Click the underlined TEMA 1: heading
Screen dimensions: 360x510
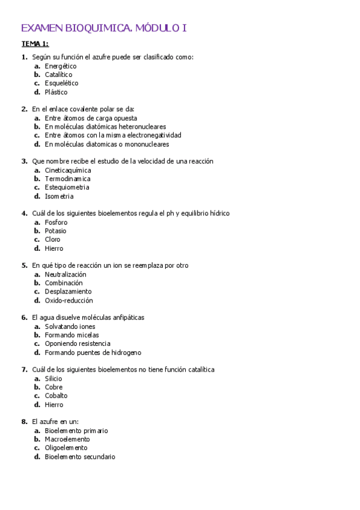pyautogui.click(x=35, y=44)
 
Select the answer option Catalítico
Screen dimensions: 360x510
pyautogui.click(x=58, y=75)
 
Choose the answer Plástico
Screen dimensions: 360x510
pyautogui.click(x=56, y=92)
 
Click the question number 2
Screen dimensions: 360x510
pyautogui.click(x=24, y=109)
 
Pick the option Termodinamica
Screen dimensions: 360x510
pyautogui.click(x=67, y=179)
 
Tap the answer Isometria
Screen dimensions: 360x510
pyautogui.click(x=59, y=196)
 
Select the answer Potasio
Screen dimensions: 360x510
pyautogui.click(x=55, y=231)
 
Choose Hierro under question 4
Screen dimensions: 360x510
pyautogui.click(x=53, y=248)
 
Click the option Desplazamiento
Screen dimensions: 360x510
pyautogui.click(x=68, y=292)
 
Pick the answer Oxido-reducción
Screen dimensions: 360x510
pyautogui.click(x=69, y=301)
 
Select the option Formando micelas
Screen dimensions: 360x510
pyautogui.click(x=72, y=335)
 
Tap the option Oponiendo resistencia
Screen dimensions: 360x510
pyautogui.click(x=77, y=343)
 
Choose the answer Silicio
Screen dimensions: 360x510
pyautogui.click(x=53, y=379)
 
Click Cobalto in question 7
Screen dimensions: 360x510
pyautogui.click(x=56, y=396)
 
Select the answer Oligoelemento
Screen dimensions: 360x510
pyautogui.click(x=66, y=448)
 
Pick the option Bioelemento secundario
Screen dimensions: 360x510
pyautogui.click(x=79, y=457)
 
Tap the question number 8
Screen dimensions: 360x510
pyautogui.click(x=24, y=422)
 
